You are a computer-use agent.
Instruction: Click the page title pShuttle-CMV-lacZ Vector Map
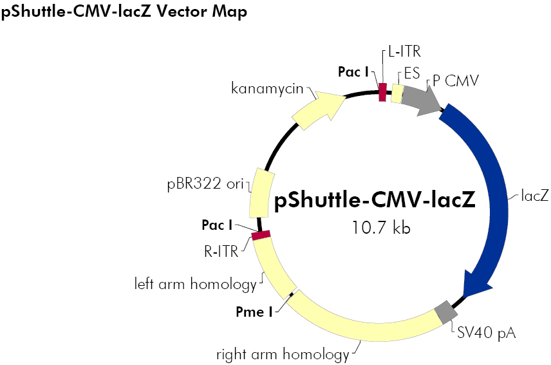[x=124, y=12]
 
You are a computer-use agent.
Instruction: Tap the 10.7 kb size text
[x=381, y=227]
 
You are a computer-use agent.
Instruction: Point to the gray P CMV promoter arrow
[x=421, y=99]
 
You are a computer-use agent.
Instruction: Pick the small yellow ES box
[x=398, y=94]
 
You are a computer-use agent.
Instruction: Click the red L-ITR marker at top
[x=382, y=92]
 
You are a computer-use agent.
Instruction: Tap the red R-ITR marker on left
[x=261, y=236]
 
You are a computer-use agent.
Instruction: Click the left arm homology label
[x=195, y=283]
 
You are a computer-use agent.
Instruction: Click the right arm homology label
[x=283, y=354]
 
